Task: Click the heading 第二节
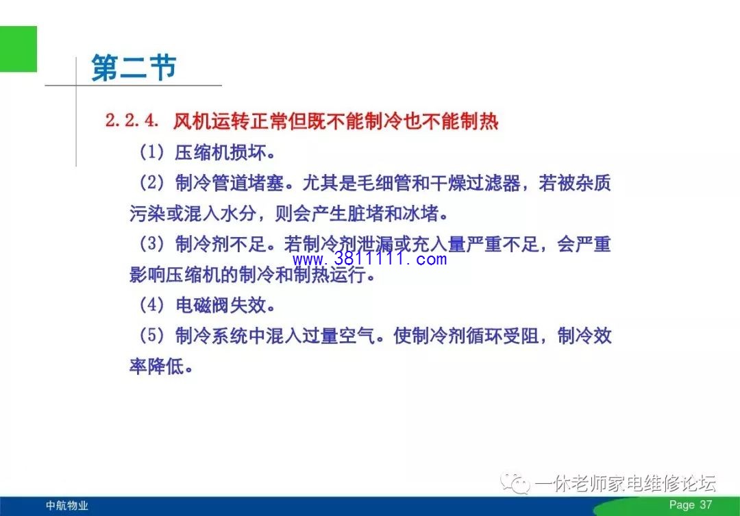134,68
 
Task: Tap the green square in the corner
18,49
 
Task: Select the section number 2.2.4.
132,121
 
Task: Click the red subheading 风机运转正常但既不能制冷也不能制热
336,121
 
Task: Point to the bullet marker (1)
151,152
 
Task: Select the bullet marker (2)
151,183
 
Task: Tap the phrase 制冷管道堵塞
230,183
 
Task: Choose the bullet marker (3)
151,244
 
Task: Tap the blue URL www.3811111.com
369,259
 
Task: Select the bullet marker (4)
151,305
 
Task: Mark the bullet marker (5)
151,336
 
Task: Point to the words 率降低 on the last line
157,367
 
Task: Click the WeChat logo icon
515,483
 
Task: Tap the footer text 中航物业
67,506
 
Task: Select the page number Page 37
691,504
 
